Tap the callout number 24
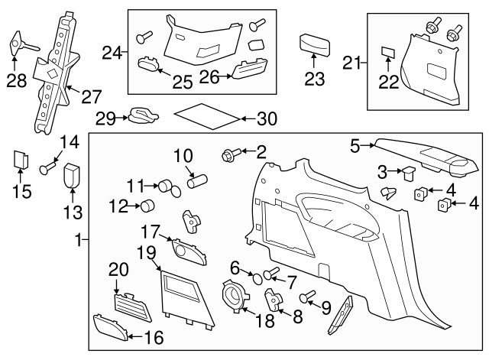coord(112,53)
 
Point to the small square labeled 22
coord(387,53)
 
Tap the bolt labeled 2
coord(228,155)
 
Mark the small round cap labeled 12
coord(146,204)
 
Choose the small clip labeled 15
coord(21,162)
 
